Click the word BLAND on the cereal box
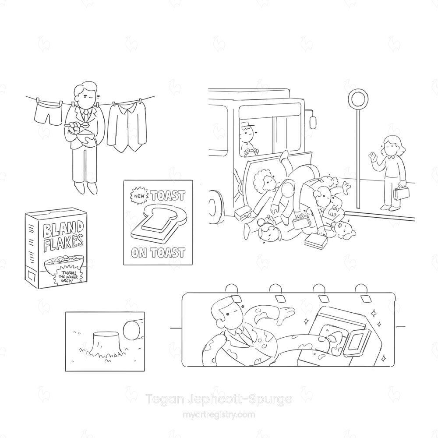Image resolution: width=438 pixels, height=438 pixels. coord(63,230)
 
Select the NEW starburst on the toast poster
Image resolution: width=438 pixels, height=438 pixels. coord(139,196)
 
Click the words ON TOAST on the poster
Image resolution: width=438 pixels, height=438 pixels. coord(158,253)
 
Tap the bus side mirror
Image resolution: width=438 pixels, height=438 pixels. coord(313,121)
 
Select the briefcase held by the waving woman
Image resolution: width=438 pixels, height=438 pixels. coord(402,194)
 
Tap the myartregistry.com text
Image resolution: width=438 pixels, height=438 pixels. coord(219,414)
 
